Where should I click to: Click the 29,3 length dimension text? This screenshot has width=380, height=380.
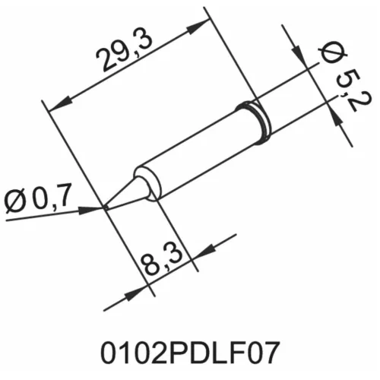click(121, 56)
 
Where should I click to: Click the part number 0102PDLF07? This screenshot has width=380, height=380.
click(189, 353)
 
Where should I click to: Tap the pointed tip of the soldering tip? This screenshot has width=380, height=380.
click(105, 206)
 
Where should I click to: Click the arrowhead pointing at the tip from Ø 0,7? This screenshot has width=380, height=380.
click(97, 207)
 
